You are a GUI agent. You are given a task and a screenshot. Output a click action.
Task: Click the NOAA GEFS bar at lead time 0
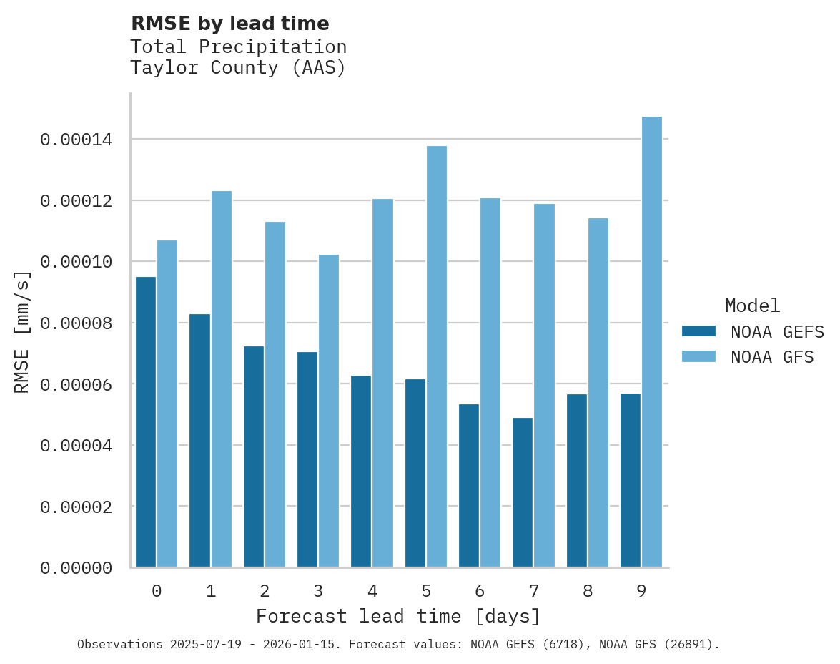tap(146, 422)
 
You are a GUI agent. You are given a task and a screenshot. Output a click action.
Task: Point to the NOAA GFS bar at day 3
tap(329, 411)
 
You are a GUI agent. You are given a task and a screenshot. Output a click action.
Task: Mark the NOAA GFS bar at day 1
tap(221, 379)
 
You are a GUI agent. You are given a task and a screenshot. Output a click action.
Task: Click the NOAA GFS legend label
tap(772, 357)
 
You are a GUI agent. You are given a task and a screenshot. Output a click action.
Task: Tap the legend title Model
tap(752, 306)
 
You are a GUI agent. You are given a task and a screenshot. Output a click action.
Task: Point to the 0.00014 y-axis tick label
tap(76, 140)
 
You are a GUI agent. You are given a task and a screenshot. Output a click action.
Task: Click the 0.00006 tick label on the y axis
tap(76, 385)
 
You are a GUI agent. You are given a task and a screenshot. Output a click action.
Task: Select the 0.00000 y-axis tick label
tap(76, 568)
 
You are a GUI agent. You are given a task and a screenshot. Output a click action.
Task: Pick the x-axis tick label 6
tap(480, 591)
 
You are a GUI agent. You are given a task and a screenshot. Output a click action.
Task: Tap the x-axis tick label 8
tap(588, 591)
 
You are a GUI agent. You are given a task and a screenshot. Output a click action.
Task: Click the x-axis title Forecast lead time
tap(398, 616)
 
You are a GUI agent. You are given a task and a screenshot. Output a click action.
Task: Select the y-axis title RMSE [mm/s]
tap(22, 331)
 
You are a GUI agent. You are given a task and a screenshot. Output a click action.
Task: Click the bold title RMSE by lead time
tap(230, 24)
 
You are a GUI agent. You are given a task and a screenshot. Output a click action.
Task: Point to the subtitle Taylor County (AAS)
tap(238, 68)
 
